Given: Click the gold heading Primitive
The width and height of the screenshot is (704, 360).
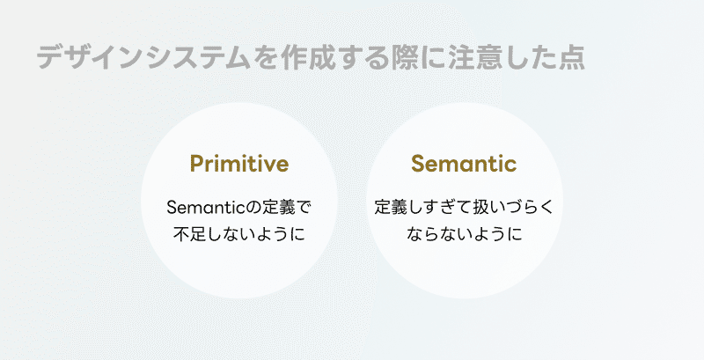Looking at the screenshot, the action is point(238,164).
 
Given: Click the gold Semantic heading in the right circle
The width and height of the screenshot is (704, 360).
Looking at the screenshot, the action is point(464,164).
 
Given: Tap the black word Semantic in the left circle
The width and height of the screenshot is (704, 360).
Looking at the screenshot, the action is point(202,208).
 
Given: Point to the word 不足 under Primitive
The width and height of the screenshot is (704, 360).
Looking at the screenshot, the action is point(189,234).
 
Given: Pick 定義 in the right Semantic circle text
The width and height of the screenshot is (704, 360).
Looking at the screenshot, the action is point(390,208).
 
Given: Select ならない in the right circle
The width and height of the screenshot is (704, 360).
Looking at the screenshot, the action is point(438,234).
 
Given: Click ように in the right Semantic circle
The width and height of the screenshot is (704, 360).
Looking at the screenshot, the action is point(497,234).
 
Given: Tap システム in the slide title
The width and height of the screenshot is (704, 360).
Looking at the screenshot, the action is point(198,57).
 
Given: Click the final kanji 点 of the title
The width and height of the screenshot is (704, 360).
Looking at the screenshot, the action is point(571,57).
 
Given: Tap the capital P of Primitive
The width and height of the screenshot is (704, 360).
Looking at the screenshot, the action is point(196,164).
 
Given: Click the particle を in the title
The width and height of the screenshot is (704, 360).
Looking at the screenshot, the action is point(266,57).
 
